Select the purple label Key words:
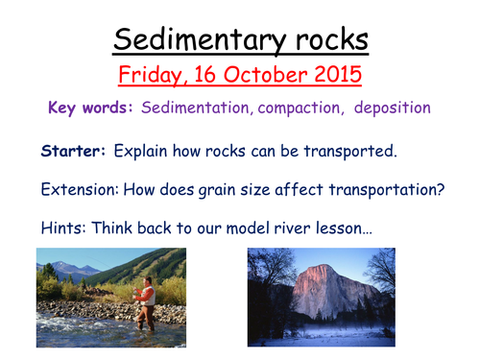pyautogui.click(x=91, y=108)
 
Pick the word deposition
pyautogui.click(x=389, y=108)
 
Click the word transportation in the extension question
pyautogui.click(x=385, y=189)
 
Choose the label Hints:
pyautogui.click(x=63, y=228)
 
